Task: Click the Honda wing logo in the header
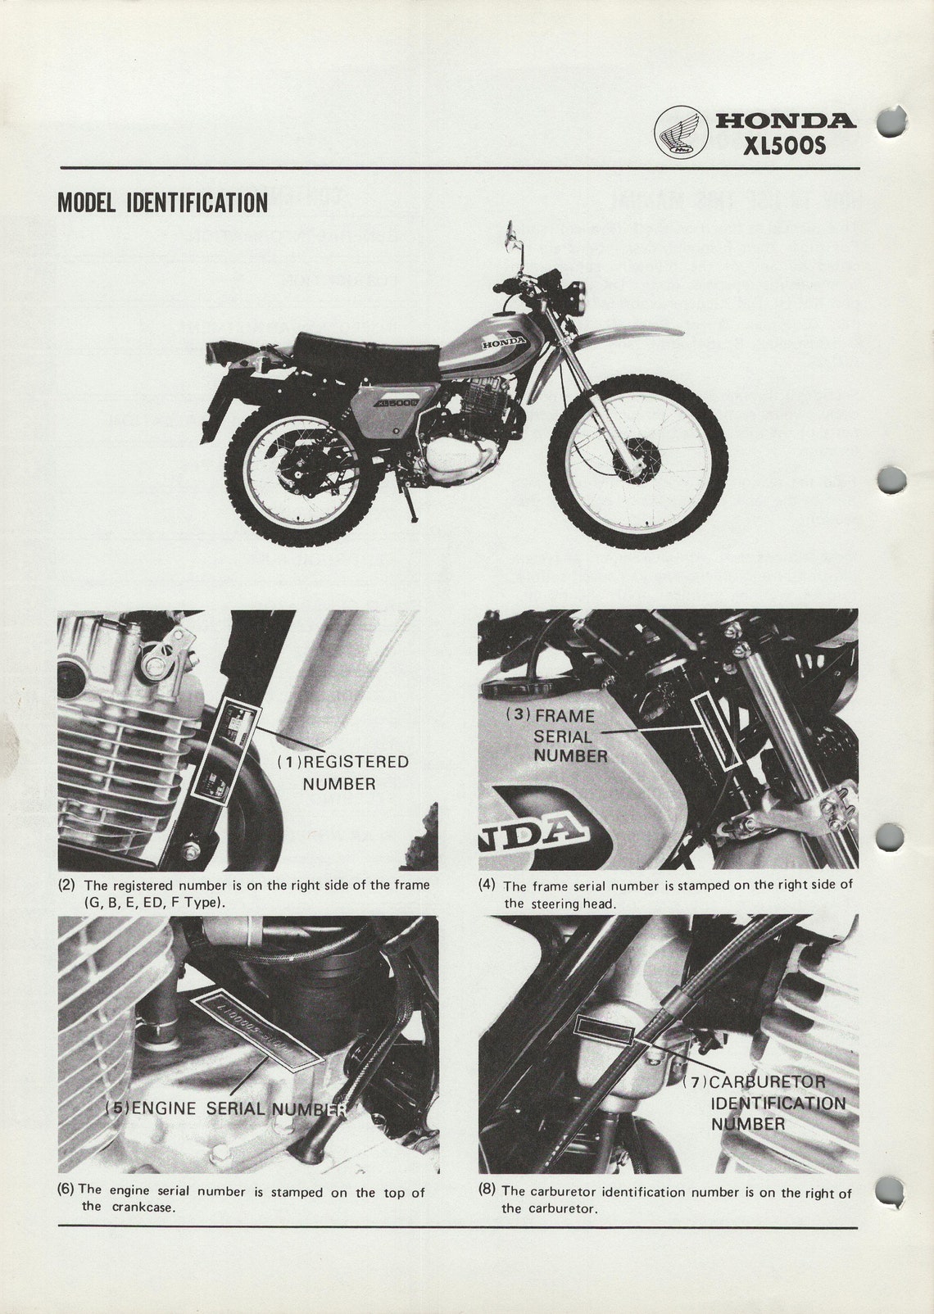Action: tap(681, 134)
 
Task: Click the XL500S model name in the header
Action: tap(784, 147)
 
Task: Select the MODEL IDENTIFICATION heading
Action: tap(162, 202)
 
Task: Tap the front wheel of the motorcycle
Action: tap(637, 461)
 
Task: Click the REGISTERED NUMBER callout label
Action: tap(342, 773)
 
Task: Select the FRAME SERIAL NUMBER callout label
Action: tap(564, 736)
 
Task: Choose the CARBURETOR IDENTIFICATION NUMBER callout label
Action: tap(766, 1103)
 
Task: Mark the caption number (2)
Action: tap(66, 885)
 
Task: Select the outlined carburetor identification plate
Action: tap(603, 1029)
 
